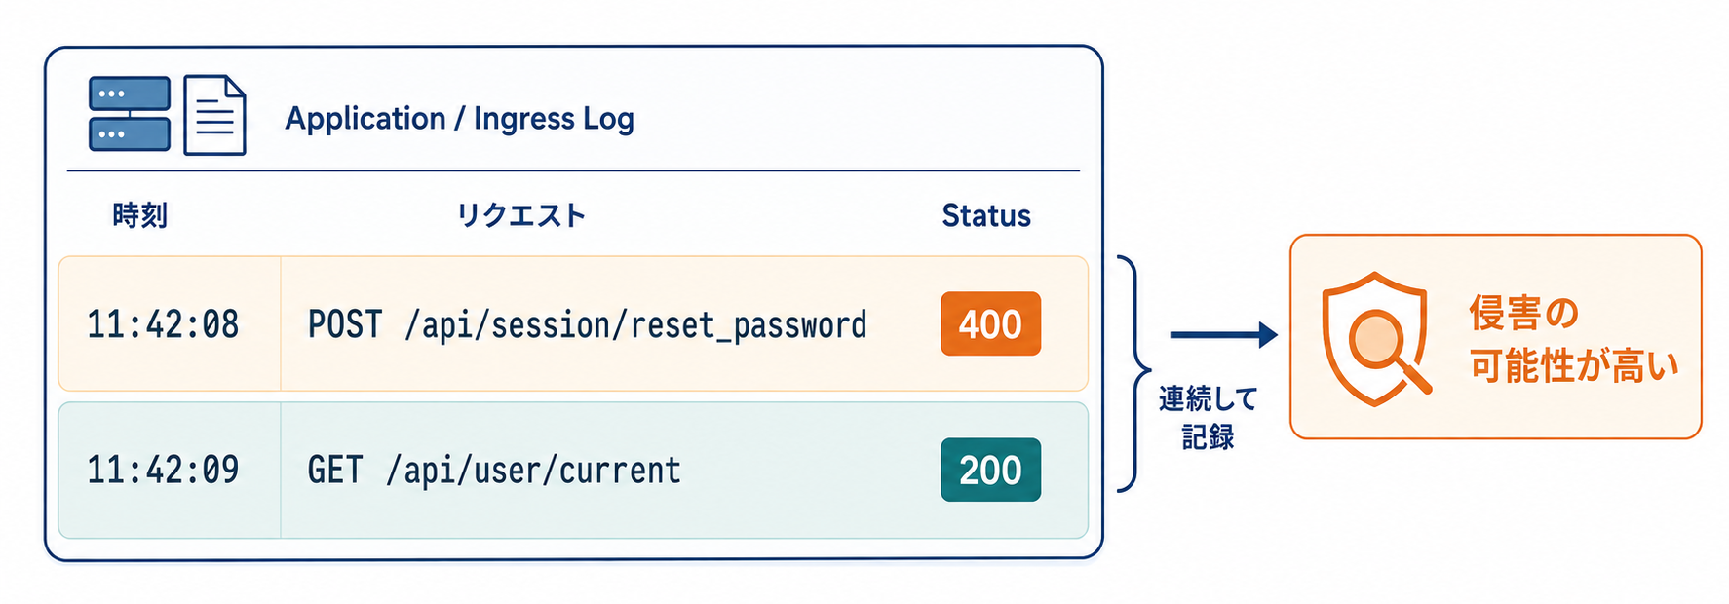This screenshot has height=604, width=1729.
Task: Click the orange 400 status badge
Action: click(990, 323)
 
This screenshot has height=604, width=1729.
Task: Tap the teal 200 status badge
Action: click(990, 470)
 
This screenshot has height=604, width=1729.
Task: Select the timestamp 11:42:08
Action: click(163, 324)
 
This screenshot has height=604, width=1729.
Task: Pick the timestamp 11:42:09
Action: click(163, 471)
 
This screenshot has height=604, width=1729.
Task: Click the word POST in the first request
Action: click(345, 324)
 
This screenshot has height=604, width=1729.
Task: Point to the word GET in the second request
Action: click(335, 471)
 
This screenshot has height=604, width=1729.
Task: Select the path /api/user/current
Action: click(533, 471)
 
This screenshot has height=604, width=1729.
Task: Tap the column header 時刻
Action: click(140, 215)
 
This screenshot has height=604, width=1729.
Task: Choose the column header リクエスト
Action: click(521, 215)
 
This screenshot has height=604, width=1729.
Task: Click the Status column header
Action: click(986, 215)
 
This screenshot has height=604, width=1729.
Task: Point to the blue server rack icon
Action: click(130, 114)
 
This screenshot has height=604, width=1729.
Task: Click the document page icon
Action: click(214, 115)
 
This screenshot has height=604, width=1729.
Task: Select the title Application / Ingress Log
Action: click(459, 119)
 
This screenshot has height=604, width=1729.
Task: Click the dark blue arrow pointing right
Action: click(1223, 335)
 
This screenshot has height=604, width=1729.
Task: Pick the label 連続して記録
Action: click(1208, 417)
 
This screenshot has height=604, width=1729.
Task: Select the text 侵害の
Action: click(1523, 313)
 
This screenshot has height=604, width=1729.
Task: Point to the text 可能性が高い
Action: click(1574, 366)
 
